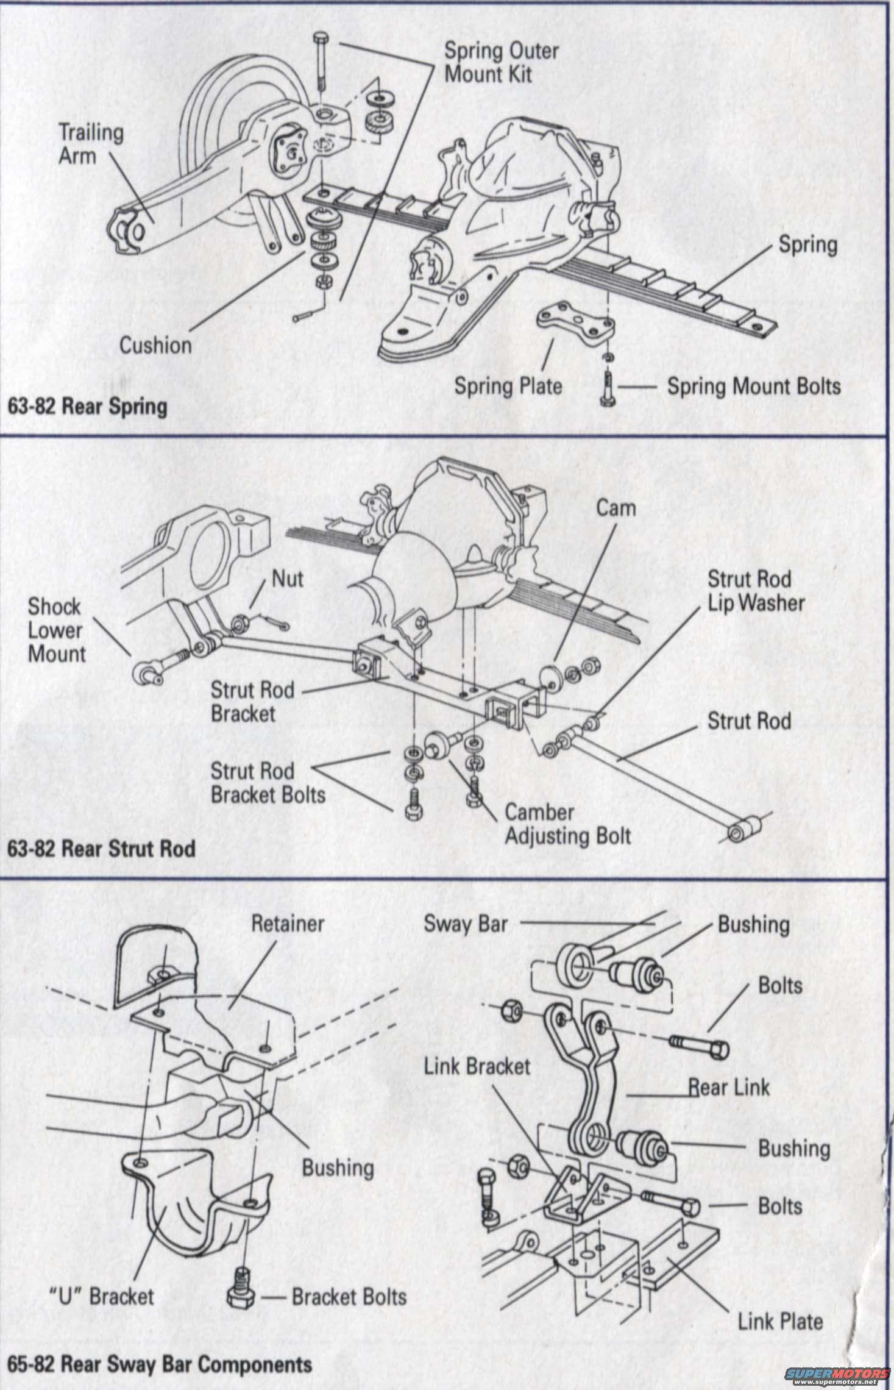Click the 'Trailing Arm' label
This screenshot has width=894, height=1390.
click(90, 144)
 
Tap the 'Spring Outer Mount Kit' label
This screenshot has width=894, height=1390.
click(501, 63)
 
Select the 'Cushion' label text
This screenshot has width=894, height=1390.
click(155, 346)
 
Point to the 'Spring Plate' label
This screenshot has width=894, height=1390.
click(508, 386)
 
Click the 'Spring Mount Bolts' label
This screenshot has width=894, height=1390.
click(754, 386)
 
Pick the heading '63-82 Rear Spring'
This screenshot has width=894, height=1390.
click(87, 407)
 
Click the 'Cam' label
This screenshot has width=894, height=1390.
click(616, 508)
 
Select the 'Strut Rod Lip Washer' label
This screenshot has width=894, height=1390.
click(755, 591)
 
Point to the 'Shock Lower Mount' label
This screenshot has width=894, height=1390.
click(56, 630)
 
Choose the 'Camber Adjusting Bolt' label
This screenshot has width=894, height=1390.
click(567, 824)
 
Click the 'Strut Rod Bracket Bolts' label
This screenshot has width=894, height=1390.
click(268, 783)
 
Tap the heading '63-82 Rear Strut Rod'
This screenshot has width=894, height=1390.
click(101, 849)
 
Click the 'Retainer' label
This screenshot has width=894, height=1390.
click(287, 924)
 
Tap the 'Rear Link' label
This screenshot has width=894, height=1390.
click(729, 1087)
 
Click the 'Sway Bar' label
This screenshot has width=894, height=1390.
click(466, 924)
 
